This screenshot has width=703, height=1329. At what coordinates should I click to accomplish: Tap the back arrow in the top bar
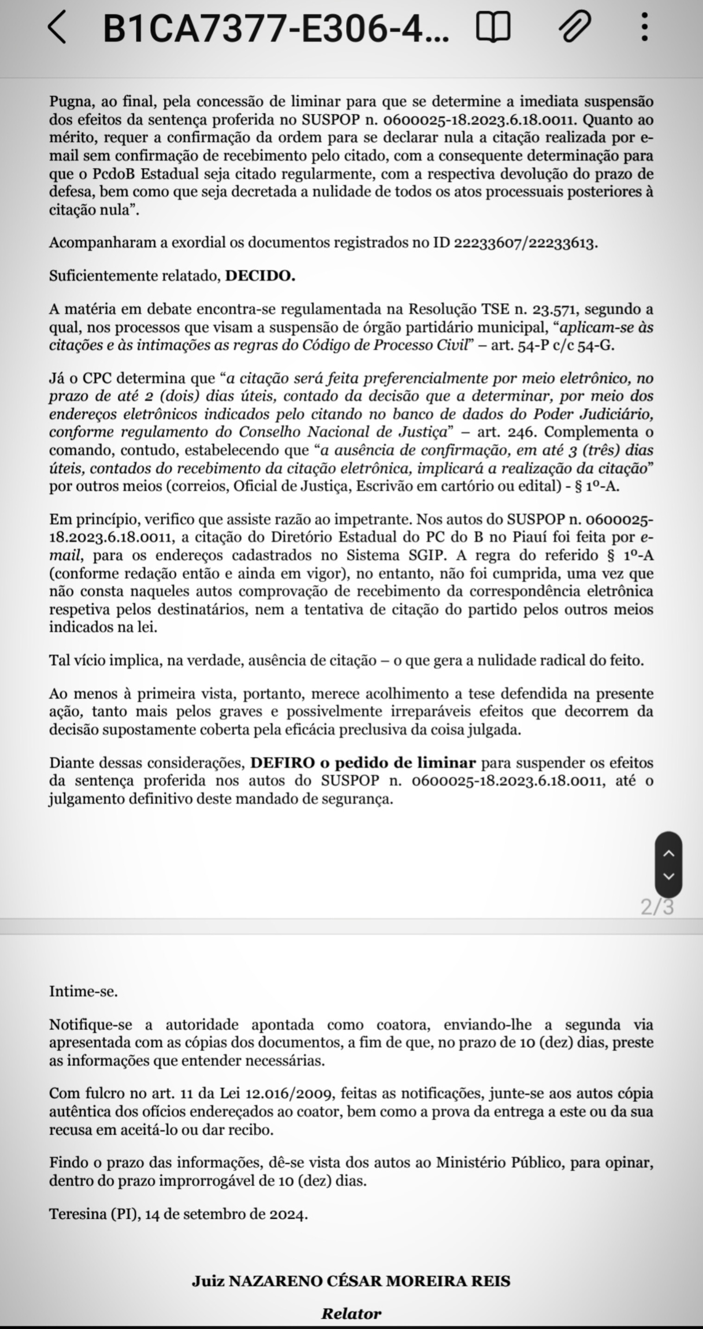tap(57, 27)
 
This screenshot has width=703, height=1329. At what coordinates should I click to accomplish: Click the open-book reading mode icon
tap(492, 27)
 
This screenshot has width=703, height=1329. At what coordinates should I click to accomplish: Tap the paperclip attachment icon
tap(575, 27)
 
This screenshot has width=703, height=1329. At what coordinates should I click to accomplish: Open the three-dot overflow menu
tap(644, 27)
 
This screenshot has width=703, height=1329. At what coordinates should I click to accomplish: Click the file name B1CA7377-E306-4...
tap(276, 28)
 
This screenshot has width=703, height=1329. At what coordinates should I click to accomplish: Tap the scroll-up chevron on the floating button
tap(668, 853)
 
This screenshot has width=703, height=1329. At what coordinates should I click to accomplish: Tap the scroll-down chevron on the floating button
tap(668, 876)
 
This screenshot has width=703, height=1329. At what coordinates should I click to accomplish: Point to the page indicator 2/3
tap(657, 907)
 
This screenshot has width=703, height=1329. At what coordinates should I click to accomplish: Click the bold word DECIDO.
tap(260, 276)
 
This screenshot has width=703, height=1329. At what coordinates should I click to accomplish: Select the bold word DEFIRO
tap(282, 763)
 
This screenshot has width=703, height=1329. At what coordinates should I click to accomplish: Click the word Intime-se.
tap(83, 991)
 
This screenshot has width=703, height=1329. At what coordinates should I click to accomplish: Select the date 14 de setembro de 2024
tap(226, 1214)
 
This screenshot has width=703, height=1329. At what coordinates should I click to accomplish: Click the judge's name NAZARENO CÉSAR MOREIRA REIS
tap(369, 1282)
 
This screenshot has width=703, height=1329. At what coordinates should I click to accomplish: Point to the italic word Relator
tap(351, 1313)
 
